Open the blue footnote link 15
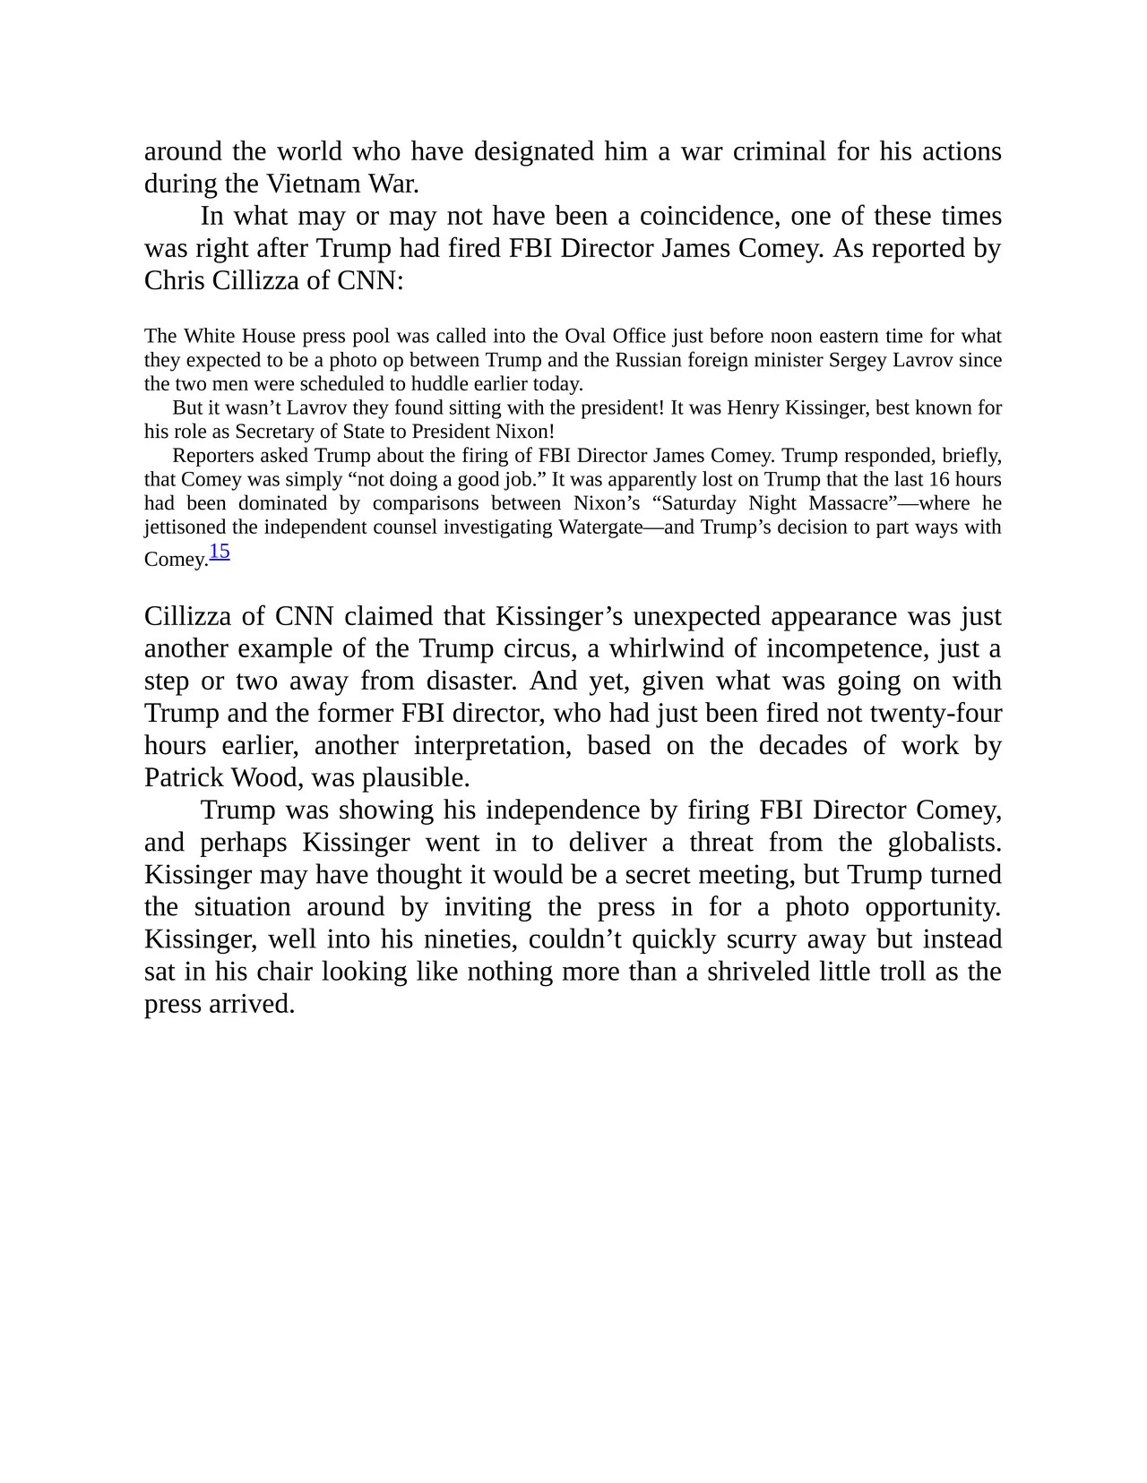[220, 552]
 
